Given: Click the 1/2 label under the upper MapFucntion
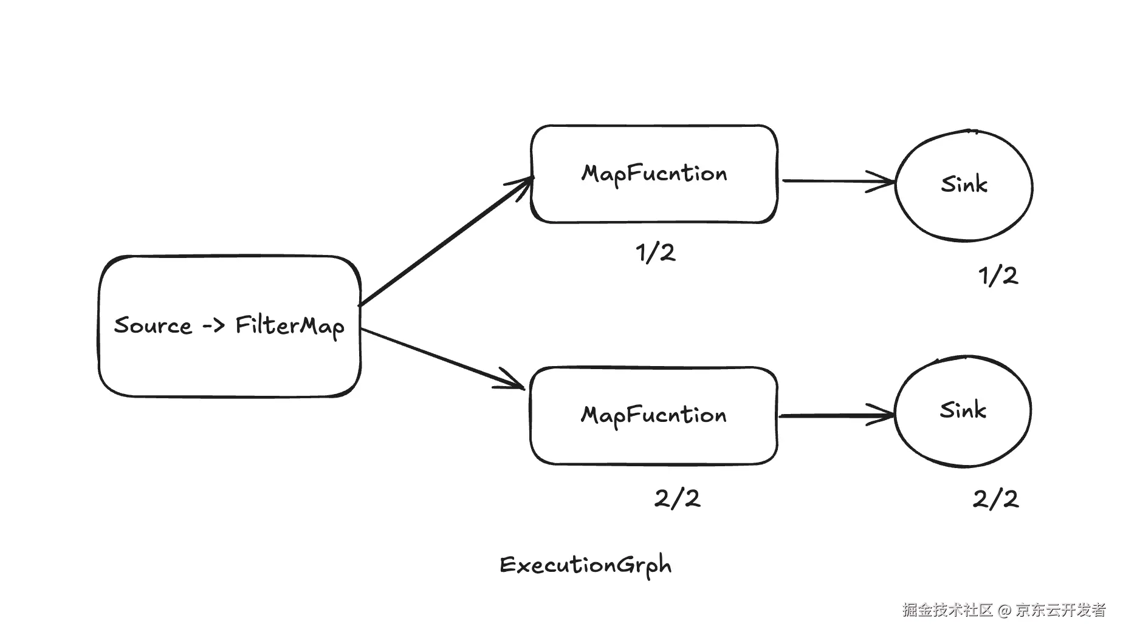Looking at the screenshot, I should (x=656, y=253).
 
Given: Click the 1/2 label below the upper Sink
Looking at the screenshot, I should (x=998, y=276).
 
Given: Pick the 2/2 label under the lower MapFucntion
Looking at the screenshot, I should (x=677, y=499).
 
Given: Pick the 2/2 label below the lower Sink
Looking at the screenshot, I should (x=995, y=499).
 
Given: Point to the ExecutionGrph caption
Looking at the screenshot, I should (x=586, y=565).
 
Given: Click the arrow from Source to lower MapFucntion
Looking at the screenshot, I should (x=444, y=359).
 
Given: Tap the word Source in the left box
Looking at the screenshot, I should (x=153, y=326).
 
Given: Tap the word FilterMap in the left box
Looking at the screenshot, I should (x=290, y=326).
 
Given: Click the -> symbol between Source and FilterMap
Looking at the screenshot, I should (x=213, y=327).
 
